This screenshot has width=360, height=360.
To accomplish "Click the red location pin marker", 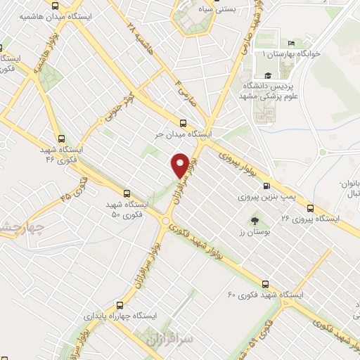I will click(181, 165).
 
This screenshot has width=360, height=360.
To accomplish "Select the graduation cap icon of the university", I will click(267, 75).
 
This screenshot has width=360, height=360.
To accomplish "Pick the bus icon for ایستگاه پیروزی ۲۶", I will click(310, 207).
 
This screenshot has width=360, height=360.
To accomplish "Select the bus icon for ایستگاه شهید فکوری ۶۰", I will click(265, 285).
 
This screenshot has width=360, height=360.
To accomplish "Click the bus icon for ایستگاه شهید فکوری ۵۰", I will click(127, 192).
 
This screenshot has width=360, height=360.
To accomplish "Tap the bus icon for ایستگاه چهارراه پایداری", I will click(120, 305).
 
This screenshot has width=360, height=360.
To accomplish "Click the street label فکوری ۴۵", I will click(76, 188).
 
